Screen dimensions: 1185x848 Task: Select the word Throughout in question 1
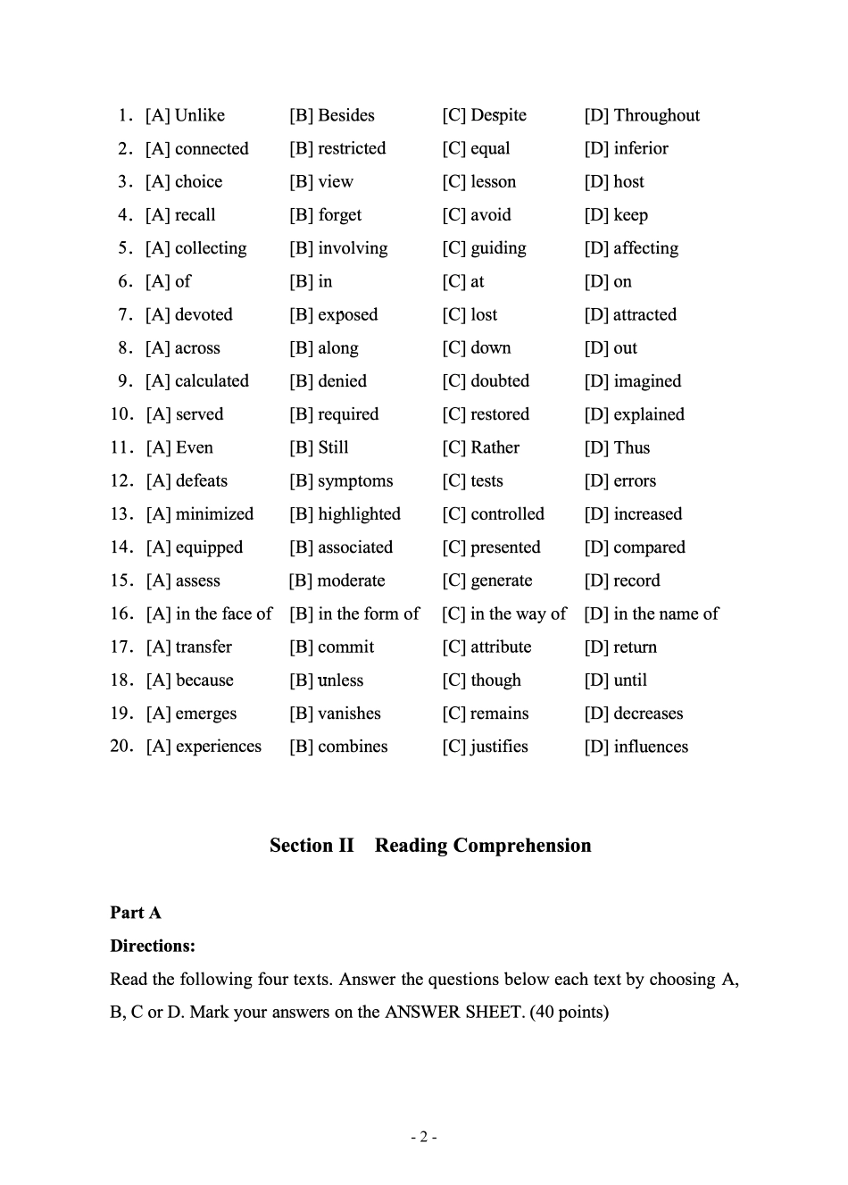click(656, 115)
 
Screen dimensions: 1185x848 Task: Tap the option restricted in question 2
click(352, 148)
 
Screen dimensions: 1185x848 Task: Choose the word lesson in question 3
click(493, 181)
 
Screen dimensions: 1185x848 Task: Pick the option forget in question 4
click(339, 215)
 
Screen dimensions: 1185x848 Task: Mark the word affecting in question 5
click(645, 248)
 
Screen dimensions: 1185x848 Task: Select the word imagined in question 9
click(647, 381)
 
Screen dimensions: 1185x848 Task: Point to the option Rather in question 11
click(495, 447)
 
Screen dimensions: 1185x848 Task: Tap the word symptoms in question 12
click(354, 480)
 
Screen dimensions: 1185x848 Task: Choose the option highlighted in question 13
click(359, 514)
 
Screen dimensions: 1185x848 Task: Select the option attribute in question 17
click(501, 647)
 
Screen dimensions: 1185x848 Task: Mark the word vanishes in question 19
click(349, 714)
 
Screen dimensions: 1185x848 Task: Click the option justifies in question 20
click(499, 747)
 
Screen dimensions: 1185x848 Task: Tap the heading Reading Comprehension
click(483, 846)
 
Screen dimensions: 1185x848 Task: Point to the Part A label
click(136, 913)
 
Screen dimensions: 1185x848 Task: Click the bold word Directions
click(152, 946)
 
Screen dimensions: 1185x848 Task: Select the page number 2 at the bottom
click(423, 1137)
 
